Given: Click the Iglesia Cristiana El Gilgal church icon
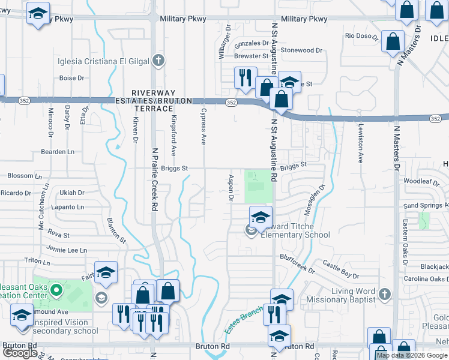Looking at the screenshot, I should [x=158, y=60].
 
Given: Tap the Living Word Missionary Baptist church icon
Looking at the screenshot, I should [x=385, y=295].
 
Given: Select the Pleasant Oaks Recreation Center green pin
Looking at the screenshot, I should [x=56, y=292].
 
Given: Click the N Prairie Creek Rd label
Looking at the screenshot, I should [x=154, y=179].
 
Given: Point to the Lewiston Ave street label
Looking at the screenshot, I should [x=361, y=144].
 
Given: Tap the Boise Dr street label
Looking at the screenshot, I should [x=71, y=78].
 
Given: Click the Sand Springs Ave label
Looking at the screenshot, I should [x=426, y=205].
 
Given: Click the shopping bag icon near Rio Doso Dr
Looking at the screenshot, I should [x=393, y=41].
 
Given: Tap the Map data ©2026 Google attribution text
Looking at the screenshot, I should [x=412, y=355].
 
